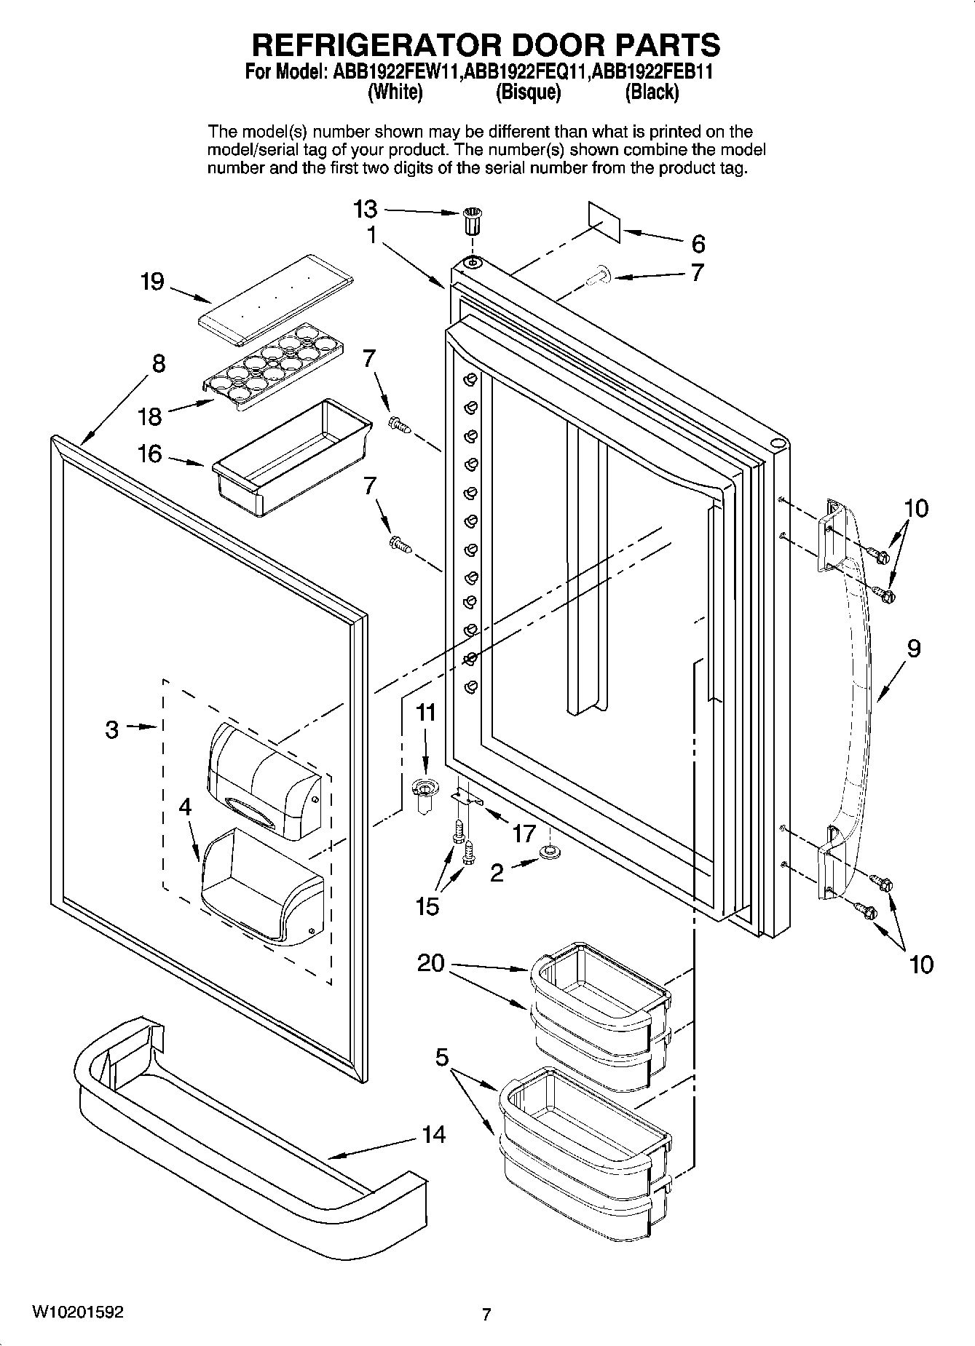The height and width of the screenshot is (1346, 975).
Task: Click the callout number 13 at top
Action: (366, 210)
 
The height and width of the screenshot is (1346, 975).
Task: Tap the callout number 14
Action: (434, 1134)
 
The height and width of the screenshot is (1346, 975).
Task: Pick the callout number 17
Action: (524, 834)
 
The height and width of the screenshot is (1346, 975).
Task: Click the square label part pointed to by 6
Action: (604, 221)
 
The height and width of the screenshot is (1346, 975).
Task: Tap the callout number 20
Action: (431, 963)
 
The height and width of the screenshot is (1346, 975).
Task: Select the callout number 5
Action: (442, 1057)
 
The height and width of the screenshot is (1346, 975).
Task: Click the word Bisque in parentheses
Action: (528, 92)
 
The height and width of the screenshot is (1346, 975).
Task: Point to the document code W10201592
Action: (77, 1313)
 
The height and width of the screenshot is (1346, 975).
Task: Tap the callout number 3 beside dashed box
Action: (111, 729)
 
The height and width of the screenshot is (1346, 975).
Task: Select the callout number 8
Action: (159, 363)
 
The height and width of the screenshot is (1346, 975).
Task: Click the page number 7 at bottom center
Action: (486, 1314)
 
